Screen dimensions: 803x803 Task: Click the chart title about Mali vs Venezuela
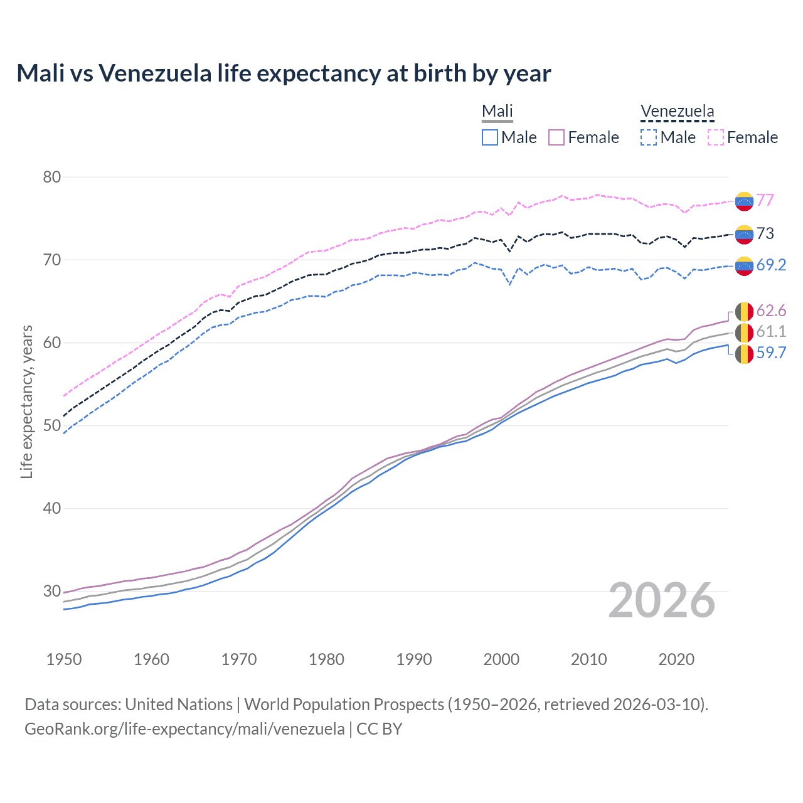[x=284, y=73]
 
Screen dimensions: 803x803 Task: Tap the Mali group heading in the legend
[x=497, y=111]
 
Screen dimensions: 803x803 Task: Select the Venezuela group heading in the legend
[x=677, y=111]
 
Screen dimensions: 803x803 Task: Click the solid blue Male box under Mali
[x=490, y=137]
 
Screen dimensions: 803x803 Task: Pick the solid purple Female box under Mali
[x=556, y=137]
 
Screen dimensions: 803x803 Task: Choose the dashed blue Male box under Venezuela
[x=649, y=137]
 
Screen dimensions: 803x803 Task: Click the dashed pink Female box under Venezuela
[x=716, y=137]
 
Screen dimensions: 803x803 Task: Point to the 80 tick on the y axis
[x=52, y=177]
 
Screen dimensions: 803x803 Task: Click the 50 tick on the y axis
[x=52, y=425]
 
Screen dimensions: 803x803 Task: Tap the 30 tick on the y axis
[x=52, y=591]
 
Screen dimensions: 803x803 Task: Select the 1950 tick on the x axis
[x=64, y=659]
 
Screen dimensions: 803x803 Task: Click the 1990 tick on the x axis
[x=414, y=659]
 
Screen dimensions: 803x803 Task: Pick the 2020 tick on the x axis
[x=676, y=659]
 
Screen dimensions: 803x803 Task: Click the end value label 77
[x=765, y=200]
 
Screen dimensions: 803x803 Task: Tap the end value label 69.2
[x=771, y=265]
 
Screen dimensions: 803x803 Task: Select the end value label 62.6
[x=771, y=311]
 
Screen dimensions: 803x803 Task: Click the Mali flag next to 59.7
[x=744, y=354]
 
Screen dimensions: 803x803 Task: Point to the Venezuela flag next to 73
[x=744, y=235]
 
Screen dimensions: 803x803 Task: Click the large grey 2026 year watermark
[x=662, y=600]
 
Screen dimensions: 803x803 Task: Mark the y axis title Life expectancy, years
[x=26, y=401]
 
